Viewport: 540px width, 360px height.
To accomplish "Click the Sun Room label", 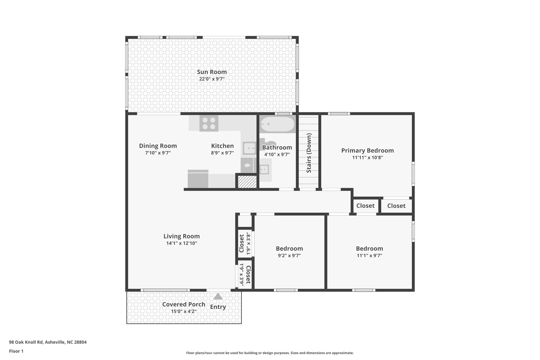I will (x=212, y=72).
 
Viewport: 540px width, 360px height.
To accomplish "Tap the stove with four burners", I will (x=209, y=123).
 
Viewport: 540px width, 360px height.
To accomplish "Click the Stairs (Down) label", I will (x=309, y=153).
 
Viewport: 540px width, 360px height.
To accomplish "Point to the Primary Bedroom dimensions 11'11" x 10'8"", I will (x=367, y=158).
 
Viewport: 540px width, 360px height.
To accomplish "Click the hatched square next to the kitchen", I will (x=247, y=182).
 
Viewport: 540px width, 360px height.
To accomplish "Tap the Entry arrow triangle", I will (x=218, y=296).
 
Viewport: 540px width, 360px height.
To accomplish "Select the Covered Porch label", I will (x=184, y=304).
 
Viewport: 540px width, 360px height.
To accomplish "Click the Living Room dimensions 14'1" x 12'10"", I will (x=181, y=243).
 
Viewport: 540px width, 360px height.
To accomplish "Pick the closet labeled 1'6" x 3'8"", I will (x=244, y=243).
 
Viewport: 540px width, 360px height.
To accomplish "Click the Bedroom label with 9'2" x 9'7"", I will (x=289, y=248).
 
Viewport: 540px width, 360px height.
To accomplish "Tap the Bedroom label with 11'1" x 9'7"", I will (x=369, y=248).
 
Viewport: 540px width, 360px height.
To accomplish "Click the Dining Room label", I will (x=158, y=146).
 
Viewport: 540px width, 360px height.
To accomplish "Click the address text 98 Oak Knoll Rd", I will (x=47, y=342).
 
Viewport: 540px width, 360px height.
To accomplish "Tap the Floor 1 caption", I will (x=16, y=351).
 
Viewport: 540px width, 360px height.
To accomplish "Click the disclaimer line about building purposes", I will (x=270, y=353).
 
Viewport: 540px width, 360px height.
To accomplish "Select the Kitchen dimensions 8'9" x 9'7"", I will (x=222, y=153).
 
